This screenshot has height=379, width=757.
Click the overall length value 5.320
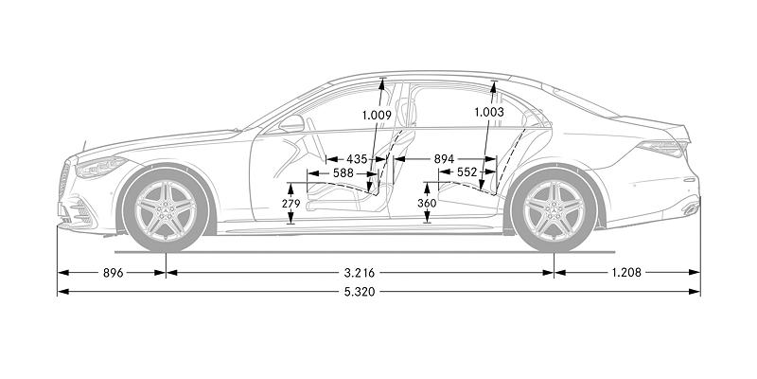[x=361, y=292]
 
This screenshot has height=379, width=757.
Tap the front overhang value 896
[x=111, y=272]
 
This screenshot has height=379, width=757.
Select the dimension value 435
[x=358, y=159]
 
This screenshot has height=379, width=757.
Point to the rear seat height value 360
[x=427, y=205]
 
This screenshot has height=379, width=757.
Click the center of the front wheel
[x=165, y=209]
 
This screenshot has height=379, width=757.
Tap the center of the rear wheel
[x=554, y=209]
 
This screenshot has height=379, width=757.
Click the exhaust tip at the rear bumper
[x=688, y=208]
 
